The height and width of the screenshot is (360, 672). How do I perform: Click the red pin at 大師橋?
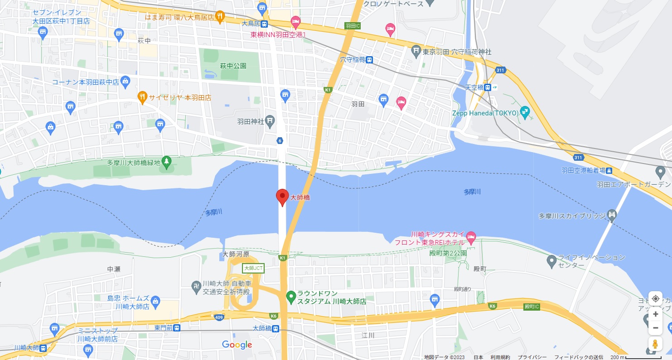[282, 197]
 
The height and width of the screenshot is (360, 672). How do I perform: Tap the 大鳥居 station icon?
[264, 24]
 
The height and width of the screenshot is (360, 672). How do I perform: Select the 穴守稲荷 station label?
[353, 59]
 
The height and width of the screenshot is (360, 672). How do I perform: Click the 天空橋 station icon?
[487, 87]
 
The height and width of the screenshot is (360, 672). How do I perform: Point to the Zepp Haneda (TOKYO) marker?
[525, 110]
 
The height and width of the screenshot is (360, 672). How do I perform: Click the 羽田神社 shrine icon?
[270, 120]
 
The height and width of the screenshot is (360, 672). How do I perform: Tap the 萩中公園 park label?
[233, 66]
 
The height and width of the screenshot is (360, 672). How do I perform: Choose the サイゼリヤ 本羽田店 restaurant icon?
[142, 96]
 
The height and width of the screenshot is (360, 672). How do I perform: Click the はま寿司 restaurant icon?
[220, 17]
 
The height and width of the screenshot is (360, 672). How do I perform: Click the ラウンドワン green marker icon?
[291, 297]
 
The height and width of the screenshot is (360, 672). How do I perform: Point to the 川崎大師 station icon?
[43, 348]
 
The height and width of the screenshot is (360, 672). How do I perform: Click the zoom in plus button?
[655, 314]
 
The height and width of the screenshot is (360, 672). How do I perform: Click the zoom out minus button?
[655, 327]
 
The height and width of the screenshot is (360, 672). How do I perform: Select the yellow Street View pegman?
[655, 344]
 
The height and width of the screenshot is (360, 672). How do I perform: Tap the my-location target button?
[655, 299]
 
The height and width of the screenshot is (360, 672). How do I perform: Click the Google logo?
[237, 345]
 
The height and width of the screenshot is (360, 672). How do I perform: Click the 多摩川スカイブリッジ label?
[572, 216]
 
